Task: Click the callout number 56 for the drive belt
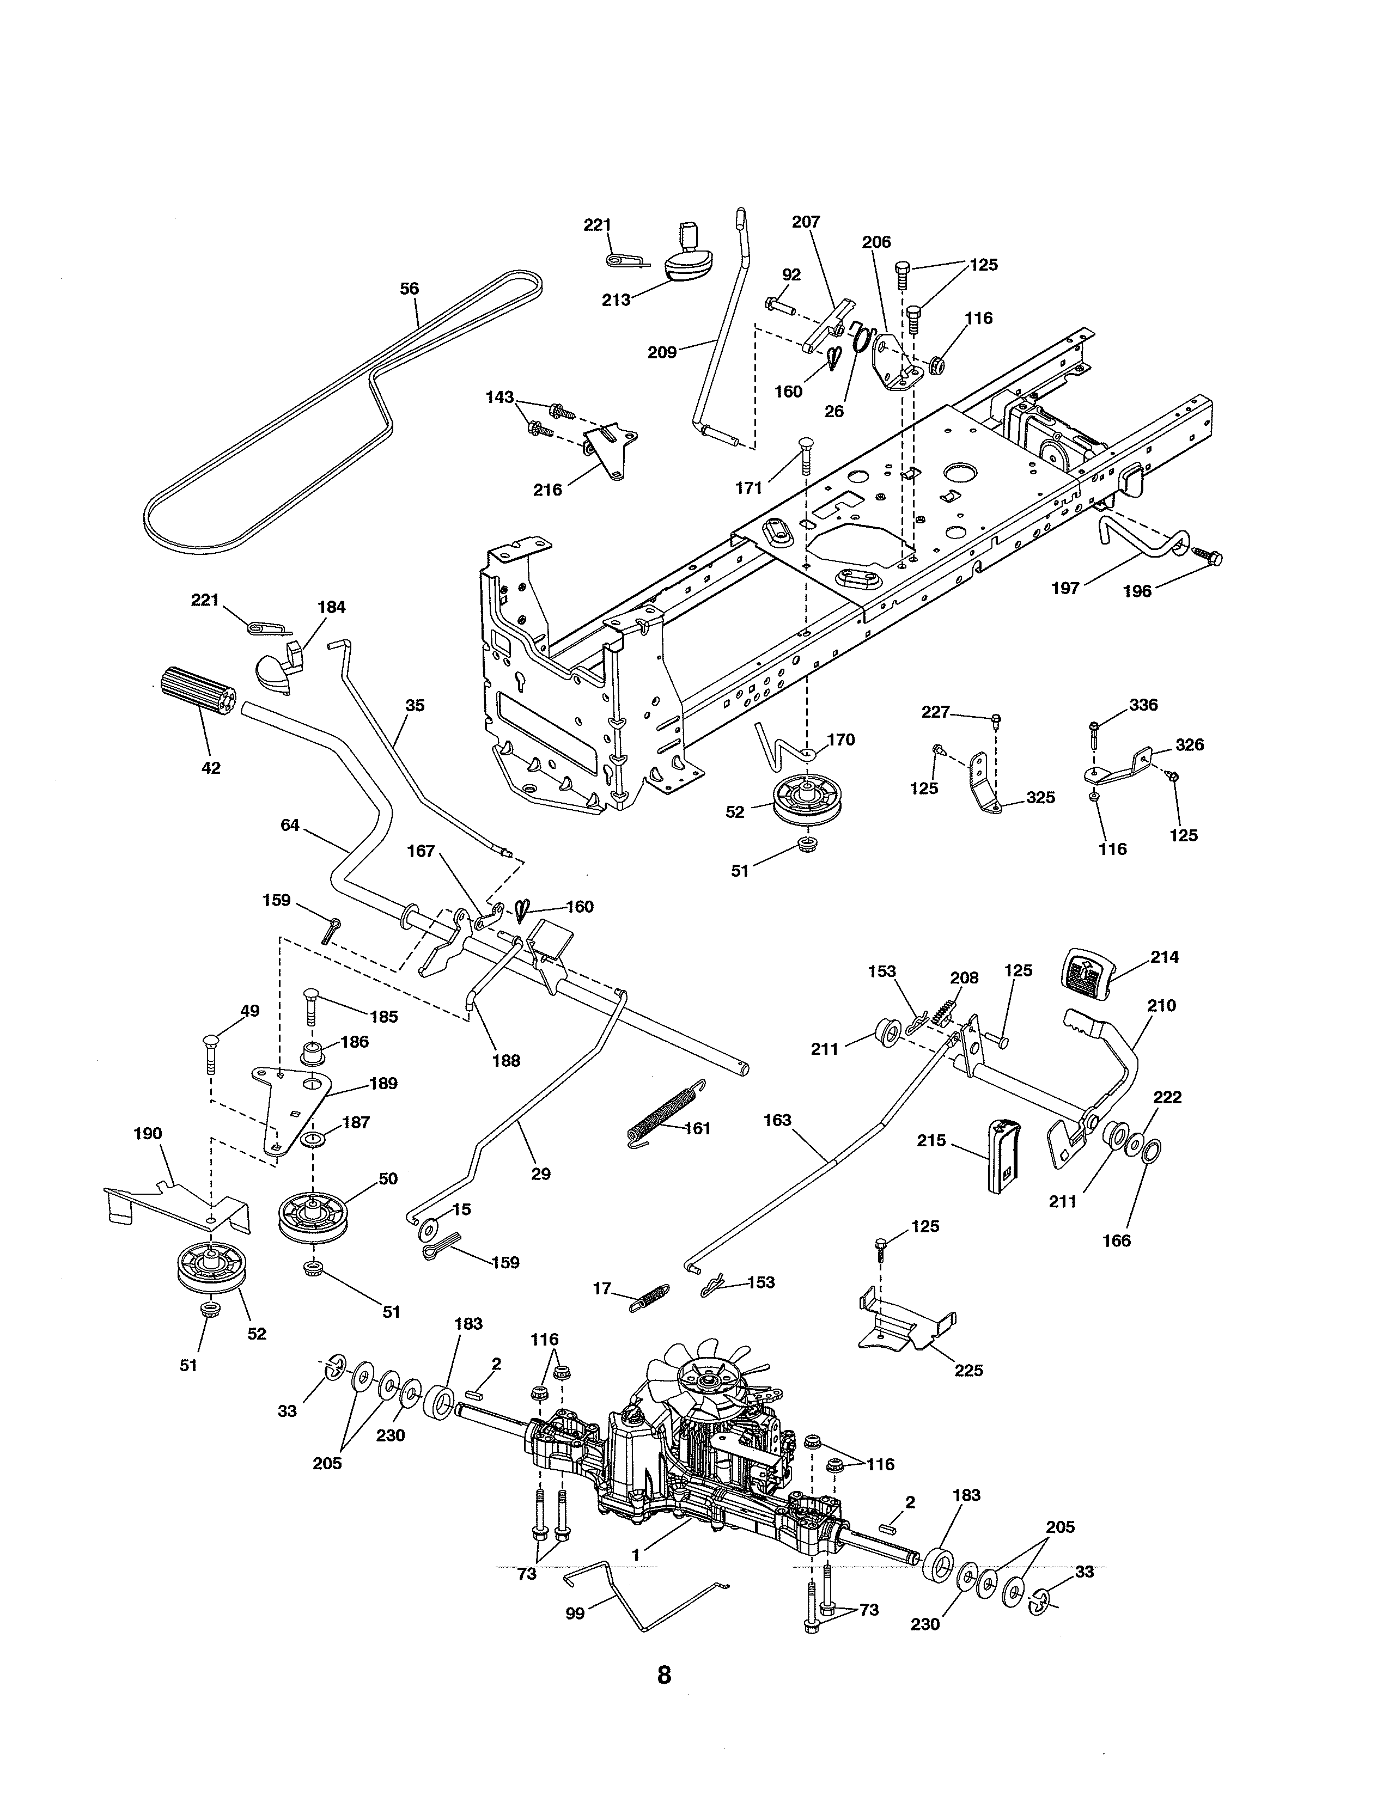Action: click(409, 289)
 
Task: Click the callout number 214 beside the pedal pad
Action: click(1165, 957)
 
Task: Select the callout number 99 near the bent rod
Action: click(574, 1613)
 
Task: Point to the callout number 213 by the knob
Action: click(616, 299)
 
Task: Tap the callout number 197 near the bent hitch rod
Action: click(1065, 588)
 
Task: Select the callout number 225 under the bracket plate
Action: click(968, 1370)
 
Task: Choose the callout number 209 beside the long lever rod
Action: click(662, 352)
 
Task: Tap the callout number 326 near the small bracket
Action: click(1189, 744)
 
